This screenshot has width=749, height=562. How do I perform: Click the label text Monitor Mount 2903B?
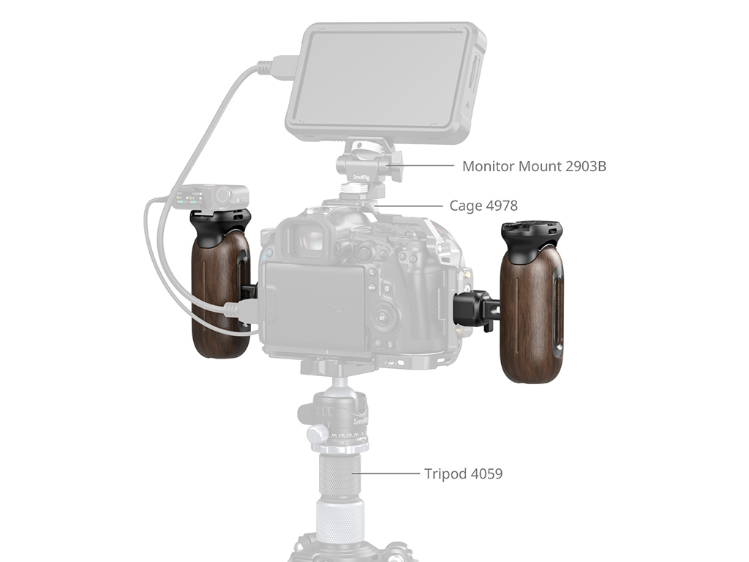point(534,166)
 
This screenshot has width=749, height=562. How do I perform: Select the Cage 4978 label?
point(483,206)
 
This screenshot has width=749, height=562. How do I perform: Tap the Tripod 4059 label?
point(463,473)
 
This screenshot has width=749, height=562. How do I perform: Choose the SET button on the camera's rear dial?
point(382,318)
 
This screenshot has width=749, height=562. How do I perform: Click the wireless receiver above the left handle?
point(210,197)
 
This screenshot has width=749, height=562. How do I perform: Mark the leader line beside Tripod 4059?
point(386,473)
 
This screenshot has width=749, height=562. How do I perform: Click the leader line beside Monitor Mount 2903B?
point(421,166)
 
